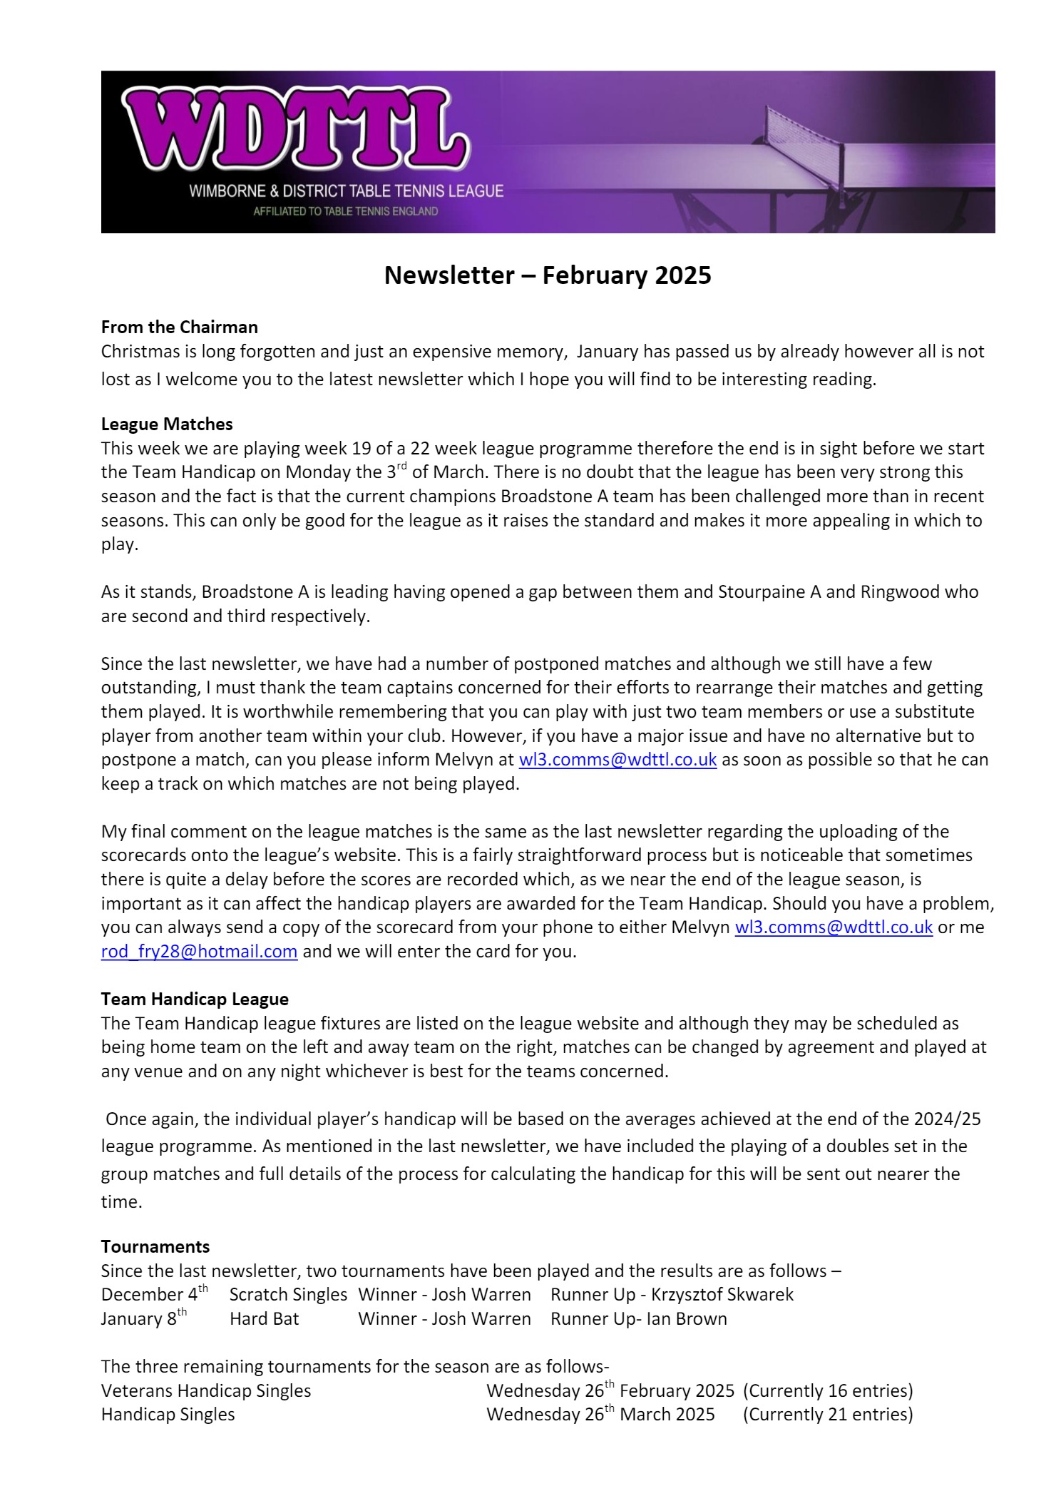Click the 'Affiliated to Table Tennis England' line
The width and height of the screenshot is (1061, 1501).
click(346, 212)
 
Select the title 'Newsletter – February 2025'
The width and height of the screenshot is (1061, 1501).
click(548, 275)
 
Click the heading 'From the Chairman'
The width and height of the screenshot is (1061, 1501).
click(180, 327)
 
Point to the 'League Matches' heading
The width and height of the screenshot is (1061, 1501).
click(167, 424)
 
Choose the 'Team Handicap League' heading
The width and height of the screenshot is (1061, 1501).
click(195, 999)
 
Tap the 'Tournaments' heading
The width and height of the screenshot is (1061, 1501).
click(155, 1247)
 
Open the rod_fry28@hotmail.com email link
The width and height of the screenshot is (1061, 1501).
click(199, 952)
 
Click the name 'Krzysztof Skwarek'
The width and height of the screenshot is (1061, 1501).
click(722, 1295)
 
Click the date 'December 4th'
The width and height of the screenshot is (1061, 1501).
click(155, 1294)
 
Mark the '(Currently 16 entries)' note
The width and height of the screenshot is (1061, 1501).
click(828, 1391)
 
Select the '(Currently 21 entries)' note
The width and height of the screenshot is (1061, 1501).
click(828, 1415)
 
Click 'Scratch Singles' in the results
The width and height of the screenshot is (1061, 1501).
click(288, 1295)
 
